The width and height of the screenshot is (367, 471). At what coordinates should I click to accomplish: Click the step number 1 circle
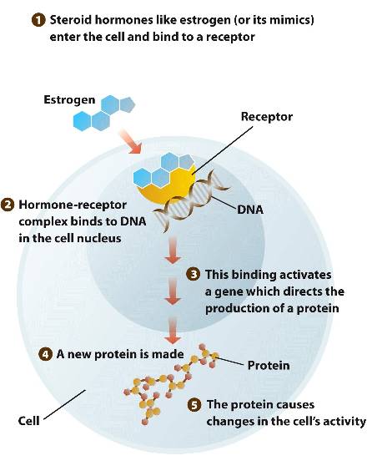(38, 20)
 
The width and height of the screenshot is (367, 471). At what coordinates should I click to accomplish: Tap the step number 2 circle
(8, 205)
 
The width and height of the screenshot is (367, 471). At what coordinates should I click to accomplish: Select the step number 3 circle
(194, 275)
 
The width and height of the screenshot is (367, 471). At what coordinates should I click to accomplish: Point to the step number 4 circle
(45, 354)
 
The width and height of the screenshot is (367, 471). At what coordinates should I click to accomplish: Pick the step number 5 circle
(194, 405)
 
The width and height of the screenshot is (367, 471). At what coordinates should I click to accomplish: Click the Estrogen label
(69, 100)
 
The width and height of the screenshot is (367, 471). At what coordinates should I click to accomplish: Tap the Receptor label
(267, 117)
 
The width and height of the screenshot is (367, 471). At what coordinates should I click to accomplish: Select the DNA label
(250, 210)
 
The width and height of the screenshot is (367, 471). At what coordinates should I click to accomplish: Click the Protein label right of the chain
(269, 365)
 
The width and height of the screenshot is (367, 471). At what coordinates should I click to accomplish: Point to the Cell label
(29, 421)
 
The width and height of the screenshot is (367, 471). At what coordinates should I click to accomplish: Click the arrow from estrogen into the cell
(130, 141)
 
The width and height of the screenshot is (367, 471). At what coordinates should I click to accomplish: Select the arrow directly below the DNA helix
(173, 250)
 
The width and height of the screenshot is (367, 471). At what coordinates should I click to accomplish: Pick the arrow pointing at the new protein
(173, 331)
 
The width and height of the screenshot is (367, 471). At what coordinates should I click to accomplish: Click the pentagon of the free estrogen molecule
(128, 105)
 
